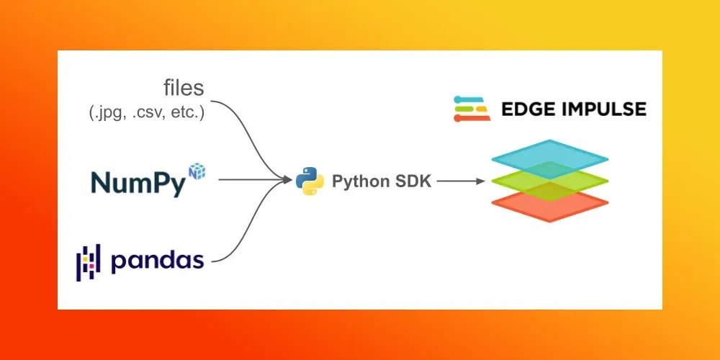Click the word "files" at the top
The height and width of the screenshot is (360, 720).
click(183, 89)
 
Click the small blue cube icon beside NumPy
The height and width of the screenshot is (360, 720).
click(197, 170)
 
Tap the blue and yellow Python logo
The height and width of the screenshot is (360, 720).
click(309, 181)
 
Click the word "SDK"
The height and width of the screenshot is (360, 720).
click(413, 181)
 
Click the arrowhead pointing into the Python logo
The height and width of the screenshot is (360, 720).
click(287, 181)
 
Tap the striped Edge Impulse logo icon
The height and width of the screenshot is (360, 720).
click(472, 108)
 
